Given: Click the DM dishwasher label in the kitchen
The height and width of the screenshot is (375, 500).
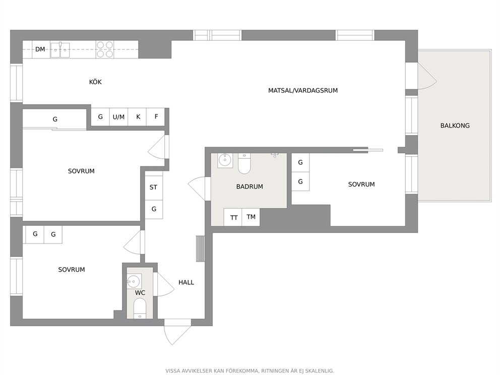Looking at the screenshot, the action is pos(40,49).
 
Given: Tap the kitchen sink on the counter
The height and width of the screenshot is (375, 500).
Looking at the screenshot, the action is pos(60,50).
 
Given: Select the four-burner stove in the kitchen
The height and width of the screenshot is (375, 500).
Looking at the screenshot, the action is pos(105,49).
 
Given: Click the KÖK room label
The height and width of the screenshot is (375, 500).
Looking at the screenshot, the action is pos(95,82).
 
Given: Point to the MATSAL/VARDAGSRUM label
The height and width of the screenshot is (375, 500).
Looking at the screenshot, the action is pos(303,91).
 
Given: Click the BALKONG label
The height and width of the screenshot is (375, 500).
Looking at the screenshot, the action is pos(455,126).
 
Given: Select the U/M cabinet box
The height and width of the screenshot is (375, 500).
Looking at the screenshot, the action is pos(118,117).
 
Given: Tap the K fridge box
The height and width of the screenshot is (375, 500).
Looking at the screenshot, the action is pos(137,117).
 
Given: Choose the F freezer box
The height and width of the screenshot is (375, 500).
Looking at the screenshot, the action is pos(156,117).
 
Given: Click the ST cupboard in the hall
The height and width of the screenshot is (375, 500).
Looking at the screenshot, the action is pos(154,187).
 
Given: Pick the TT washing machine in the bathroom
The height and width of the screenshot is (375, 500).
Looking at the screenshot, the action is pos(233,217).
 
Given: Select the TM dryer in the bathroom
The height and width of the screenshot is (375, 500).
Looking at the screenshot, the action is pos(251,217).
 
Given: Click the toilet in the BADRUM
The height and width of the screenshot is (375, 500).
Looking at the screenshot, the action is pos(244,164).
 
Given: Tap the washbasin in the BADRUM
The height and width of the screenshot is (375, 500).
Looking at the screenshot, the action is pos(225,160).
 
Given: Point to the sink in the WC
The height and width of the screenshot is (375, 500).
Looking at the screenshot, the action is pos(134,281).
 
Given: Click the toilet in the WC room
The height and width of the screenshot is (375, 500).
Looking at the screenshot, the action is pos(140,308).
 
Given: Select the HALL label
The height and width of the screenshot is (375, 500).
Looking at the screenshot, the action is pos(186,283).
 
